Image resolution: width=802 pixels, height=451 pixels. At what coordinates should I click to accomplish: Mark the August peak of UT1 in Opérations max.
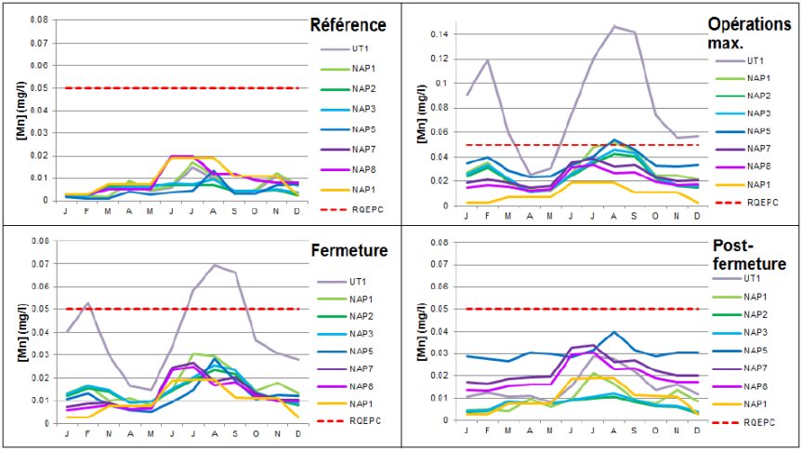[614, 26]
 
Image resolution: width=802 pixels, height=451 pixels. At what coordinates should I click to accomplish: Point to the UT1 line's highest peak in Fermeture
[214, 265]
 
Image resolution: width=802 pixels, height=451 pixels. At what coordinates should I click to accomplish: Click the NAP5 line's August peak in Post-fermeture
[614, 332]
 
